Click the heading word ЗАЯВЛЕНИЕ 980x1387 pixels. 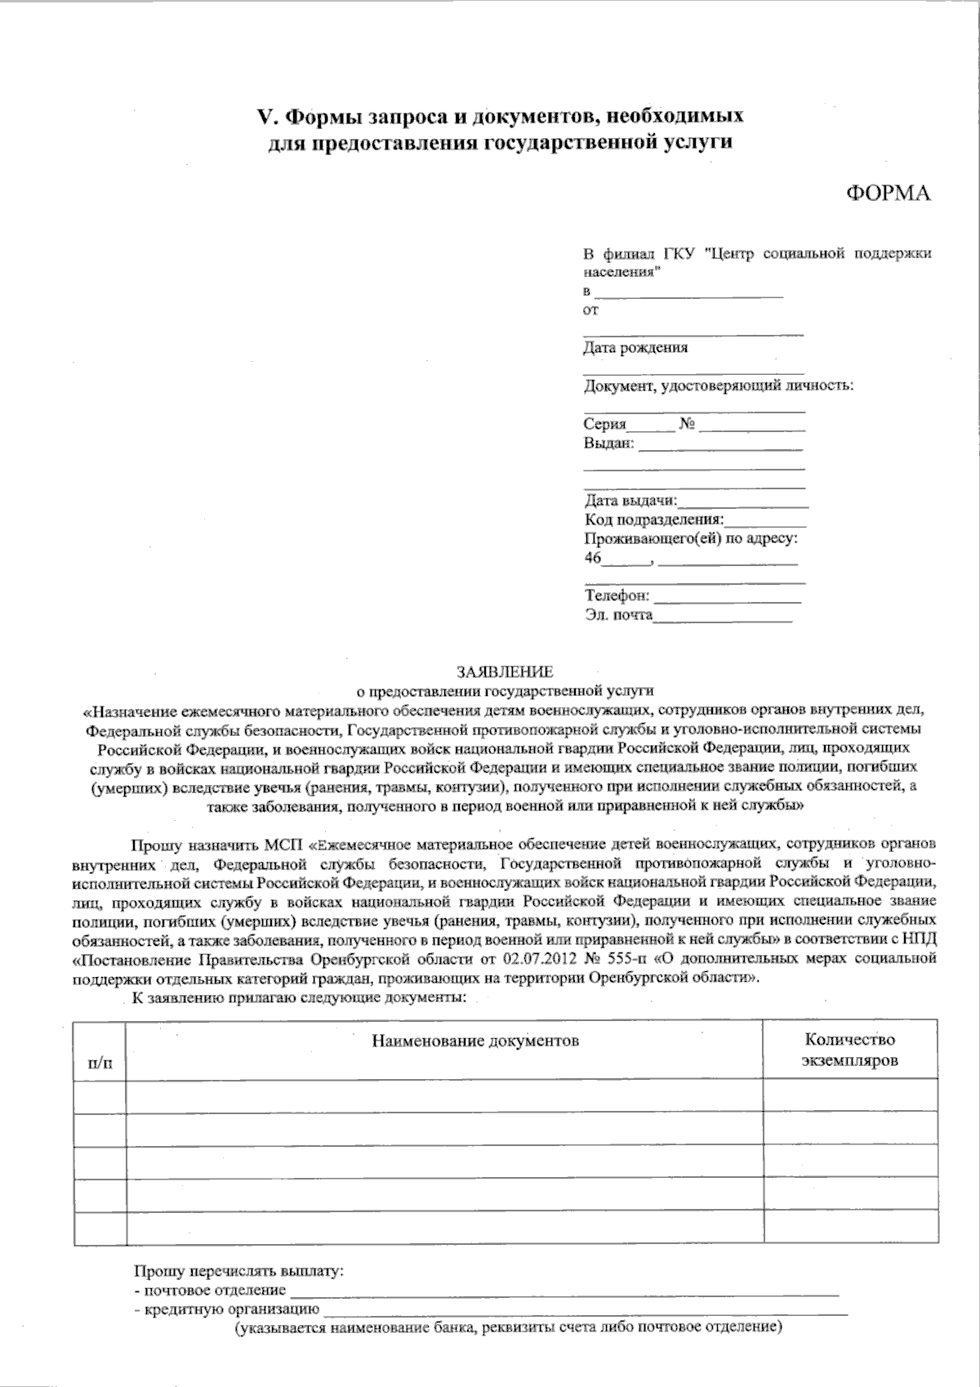505,672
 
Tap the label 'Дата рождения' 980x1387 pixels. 635,347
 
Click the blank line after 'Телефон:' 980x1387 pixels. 727,600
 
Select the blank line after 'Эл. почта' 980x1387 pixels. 722,620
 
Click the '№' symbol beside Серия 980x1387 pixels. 686,424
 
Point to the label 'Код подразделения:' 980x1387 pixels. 654,520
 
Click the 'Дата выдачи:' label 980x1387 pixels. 630,501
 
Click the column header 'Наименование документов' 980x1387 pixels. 475,1041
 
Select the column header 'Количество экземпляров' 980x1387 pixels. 849,1050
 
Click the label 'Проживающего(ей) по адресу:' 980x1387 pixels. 691,539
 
